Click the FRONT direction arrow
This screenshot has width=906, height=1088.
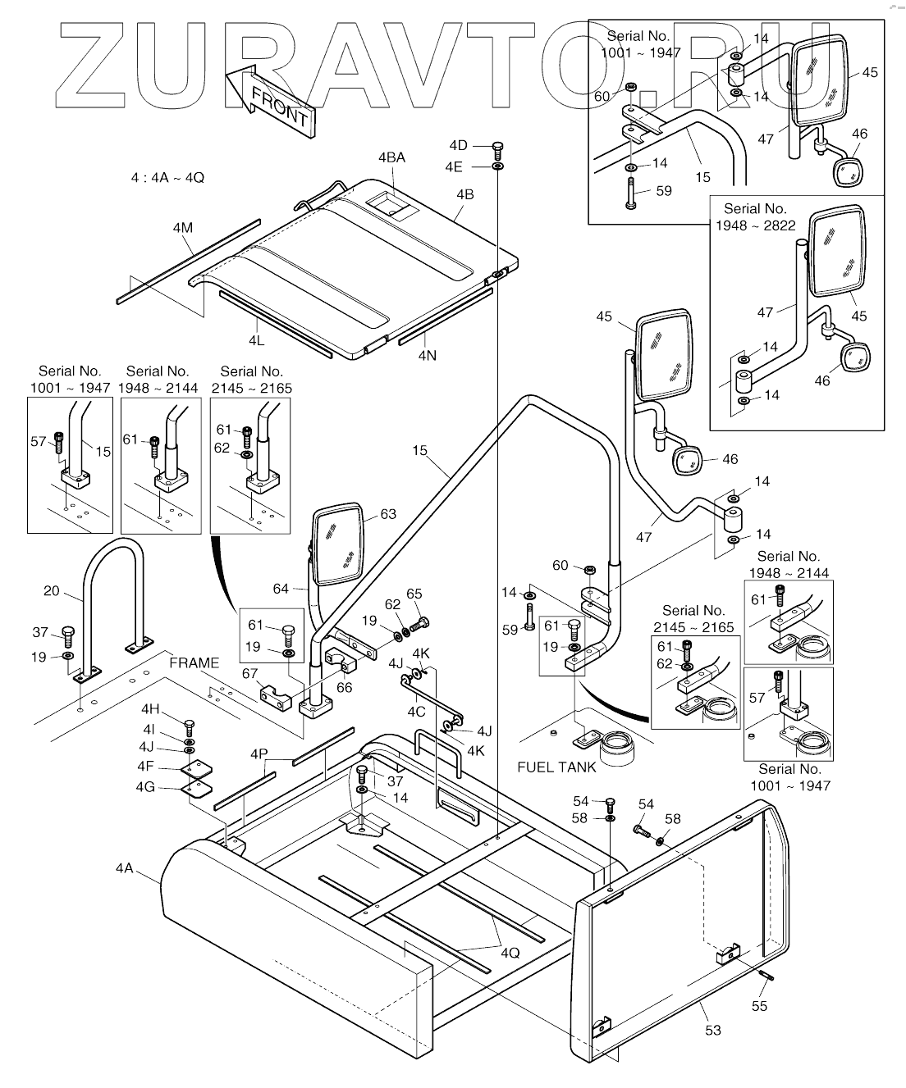pos(270,102)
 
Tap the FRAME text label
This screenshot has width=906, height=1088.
pos(194,662)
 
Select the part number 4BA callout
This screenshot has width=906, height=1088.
pos(391,158)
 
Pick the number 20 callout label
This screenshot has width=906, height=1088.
pos(52,591)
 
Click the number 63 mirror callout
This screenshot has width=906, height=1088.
pos(388,514)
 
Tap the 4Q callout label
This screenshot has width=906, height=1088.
pos(510,953)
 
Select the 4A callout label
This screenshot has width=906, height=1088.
pos(125,868)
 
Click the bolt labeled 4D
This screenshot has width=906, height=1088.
pos(497,151)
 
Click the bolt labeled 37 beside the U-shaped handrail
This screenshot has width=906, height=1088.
pos(68,636)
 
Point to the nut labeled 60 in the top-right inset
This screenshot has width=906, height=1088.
pos(629,86)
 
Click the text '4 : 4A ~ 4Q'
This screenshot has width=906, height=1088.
pos(167,178)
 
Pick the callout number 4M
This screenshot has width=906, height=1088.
pos(182,228)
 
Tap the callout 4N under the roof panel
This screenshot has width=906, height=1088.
pos(428,355)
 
